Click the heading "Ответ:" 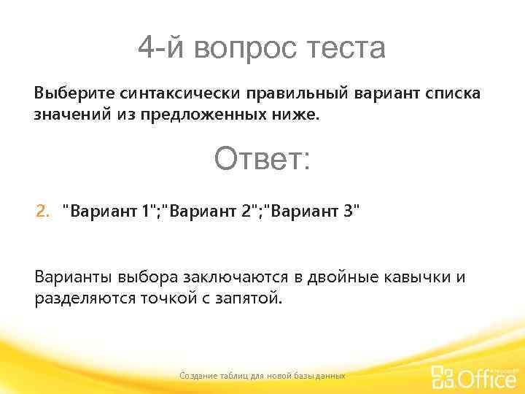pos(262,158)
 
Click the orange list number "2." pos(43,212)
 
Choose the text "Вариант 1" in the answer pos(108,212)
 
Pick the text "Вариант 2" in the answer pos(211,212)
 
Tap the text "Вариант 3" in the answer pos(313,212)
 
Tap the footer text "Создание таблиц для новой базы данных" pos(262,375)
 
